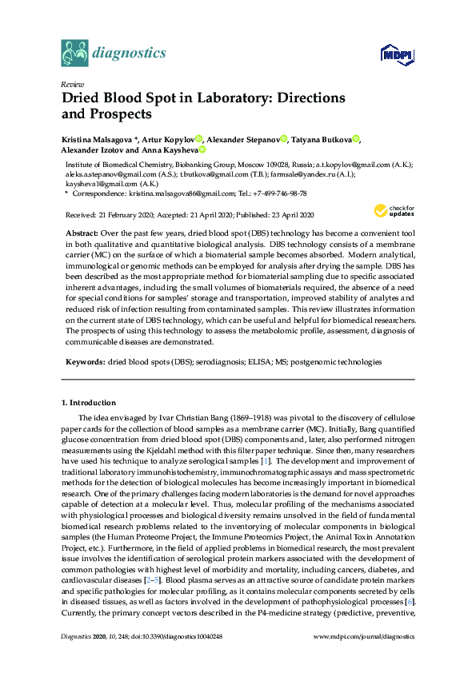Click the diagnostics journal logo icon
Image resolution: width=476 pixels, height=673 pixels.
74,54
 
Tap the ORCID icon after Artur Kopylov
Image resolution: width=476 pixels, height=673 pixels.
198,139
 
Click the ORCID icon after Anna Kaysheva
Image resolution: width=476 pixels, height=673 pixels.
202,149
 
